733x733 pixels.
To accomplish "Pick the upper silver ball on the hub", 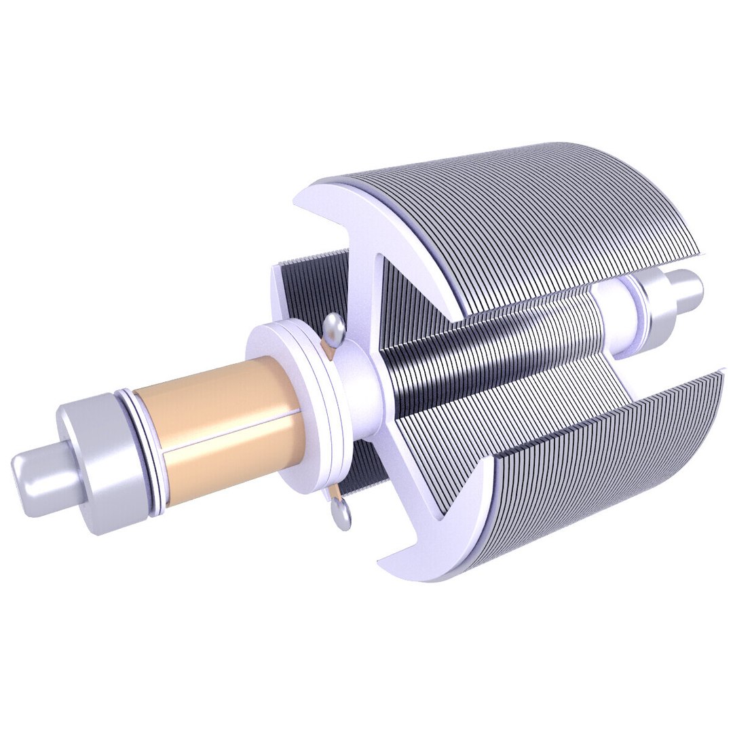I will tap(333, 329).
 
